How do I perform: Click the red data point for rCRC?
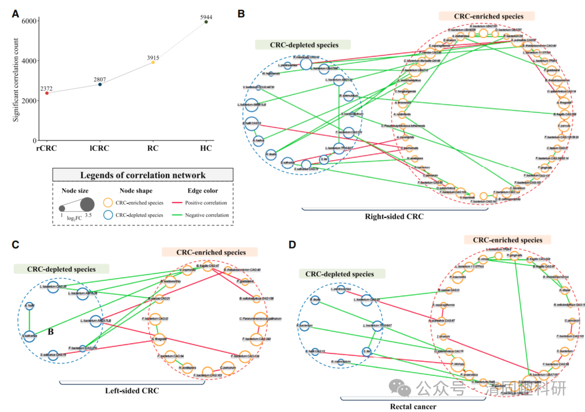(46, 93)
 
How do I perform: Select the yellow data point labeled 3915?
(153, 62)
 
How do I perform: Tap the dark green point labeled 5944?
(206, 22)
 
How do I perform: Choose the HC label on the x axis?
(205, 150)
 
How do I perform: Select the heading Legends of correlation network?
(144, 175)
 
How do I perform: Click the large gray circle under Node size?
(88, 205)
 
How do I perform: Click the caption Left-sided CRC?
(131, 391)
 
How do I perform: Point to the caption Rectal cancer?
(413, 407)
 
